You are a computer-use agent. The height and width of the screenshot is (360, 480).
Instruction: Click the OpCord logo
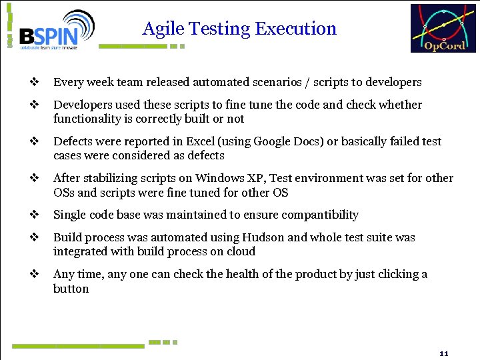tap(443, 28)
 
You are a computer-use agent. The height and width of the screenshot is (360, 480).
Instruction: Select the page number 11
tap(444, 352)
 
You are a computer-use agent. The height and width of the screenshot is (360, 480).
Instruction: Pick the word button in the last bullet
tap(71, 289)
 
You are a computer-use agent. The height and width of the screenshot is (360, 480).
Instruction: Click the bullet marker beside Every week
tap(33, 83)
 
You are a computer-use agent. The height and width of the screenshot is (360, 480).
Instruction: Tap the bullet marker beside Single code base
tap(33, 215)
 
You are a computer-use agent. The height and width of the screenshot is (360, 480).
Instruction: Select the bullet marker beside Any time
tap(33, 274)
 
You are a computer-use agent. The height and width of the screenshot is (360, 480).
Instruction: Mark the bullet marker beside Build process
tap(33, 237)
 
